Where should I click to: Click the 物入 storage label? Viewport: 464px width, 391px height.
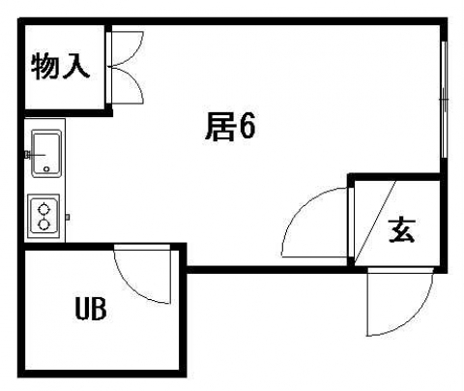coord(60,67)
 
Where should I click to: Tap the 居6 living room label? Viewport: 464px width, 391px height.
coord(230,127)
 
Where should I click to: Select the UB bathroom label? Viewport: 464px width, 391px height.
coord(91,309)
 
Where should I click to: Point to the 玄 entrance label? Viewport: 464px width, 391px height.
coord(401,230)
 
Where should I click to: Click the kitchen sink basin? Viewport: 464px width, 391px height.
coord(46,154)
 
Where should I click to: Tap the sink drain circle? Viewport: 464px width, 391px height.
coord(46,169)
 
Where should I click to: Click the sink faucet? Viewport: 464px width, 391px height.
coord(35,155)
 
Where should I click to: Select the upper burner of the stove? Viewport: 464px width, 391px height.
coord(44,210)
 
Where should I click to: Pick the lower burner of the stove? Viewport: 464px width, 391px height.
coord(44,224)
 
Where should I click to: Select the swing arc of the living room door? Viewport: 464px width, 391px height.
coord(299,208)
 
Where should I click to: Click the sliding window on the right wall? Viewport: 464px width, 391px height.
coord(445,100)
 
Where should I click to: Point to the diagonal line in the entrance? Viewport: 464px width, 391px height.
coord(375,223)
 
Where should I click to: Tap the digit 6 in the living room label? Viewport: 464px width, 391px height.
coord(247,127)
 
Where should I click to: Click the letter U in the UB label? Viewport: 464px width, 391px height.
coord(82,309)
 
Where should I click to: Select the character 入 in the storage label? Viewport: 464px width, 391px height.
coord(76,67)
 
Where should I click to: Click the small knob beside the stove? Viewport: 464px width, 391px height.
coord(68,217)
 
